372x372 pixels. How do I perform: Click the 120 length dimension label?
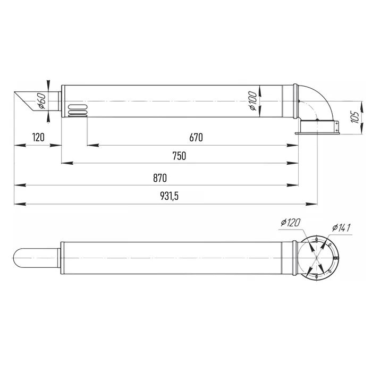[x=38, y=137]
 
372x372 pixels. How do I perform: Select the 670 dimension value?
[x=196, y=138]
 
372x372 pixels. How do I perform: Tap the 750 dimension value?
[x=179, y=156]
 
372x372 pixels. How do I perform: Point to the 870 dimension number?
[x=160, y=178]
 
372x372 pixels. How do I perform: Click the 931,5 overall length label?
[x=169, y=196]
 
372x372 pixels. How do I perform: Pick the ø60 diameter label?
[x=42, y=101]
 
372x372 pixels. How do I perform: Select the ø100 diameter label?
[x=253, y=101]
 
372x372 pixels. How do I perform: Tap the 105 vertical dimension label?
[x=355, y=117]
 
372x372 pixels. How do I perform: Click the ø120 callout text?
[x=290, y=223]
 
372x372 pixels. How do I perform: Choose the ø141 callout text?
[x=341, y=228]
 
